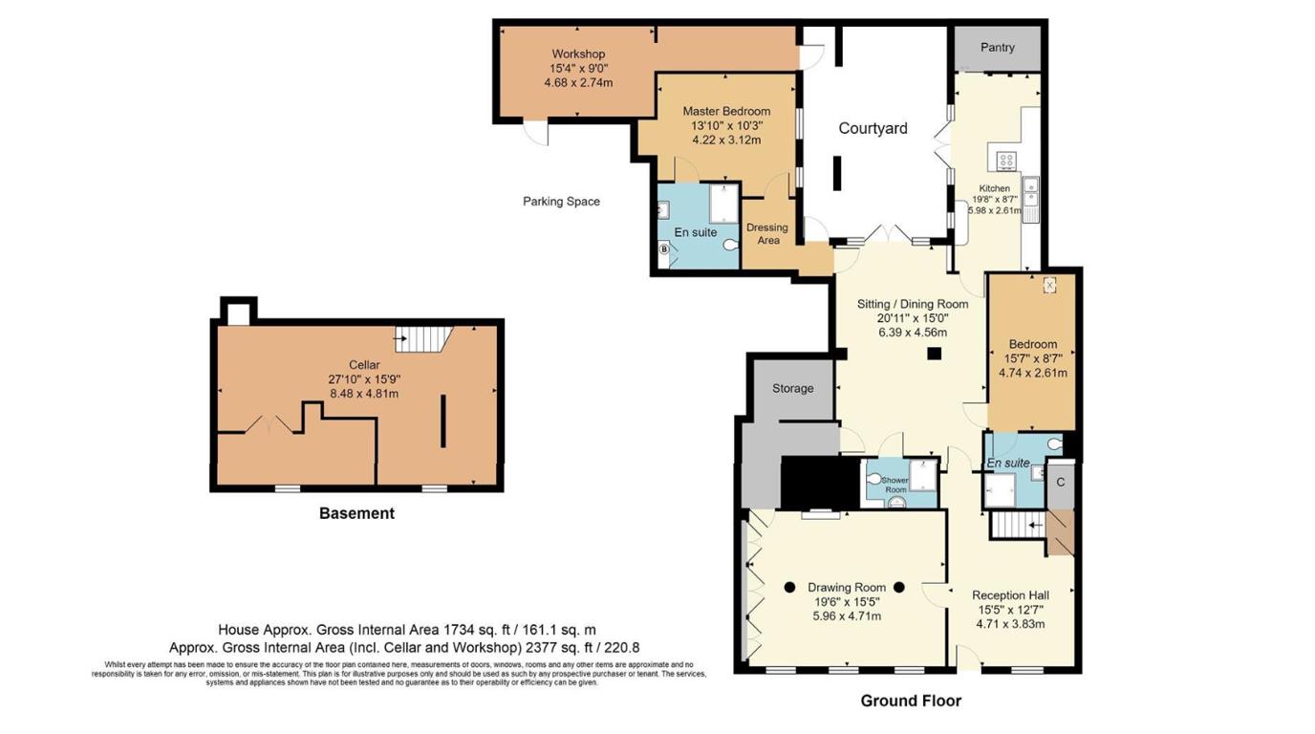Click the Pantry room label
[x=997, y=48]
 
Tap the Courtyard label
[x=873, y=128]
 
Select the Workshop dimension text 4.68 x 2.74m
[x=578, y=83]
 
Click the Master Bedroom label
[x=725, y=111]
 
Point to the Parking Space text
[x=561, y=202]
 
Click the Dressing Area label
[x=766, y=233]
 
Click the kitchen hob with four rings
[x=1006, y=161]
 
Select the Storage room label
[x=793, y=388]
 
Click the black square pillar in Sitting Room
[x=935, y=355]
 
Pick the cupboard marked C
[x=1060, y=483]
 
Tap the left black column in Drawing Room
[x=790, y=588]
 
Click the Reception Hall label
[x=1010, y=595]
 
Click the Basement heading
[x=356, y=513]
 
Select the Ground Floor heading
[x=910, y=701]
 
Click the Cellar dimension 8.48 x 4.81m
[x=363, y=393]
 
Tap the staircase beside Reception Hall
[x=1013, y=525]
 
